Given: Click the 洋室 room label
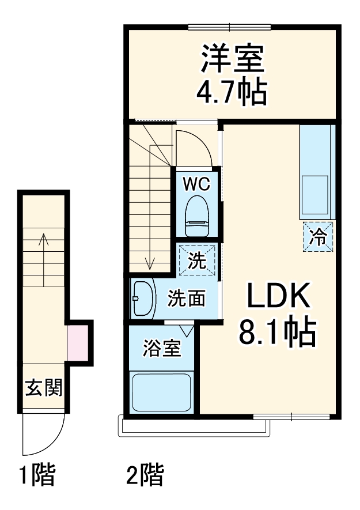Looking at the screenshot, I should point(232,59).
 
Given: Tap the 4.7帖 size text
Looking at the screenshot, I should point(232,90).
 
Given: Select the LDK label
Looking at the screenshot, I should point(279,298).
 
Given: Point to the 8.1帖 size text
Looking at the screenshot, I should point(279,331).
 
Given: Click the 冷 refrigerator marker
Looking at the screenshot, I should point(318,236).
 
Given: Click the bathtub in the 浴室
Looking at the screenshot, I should point(162,392).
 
